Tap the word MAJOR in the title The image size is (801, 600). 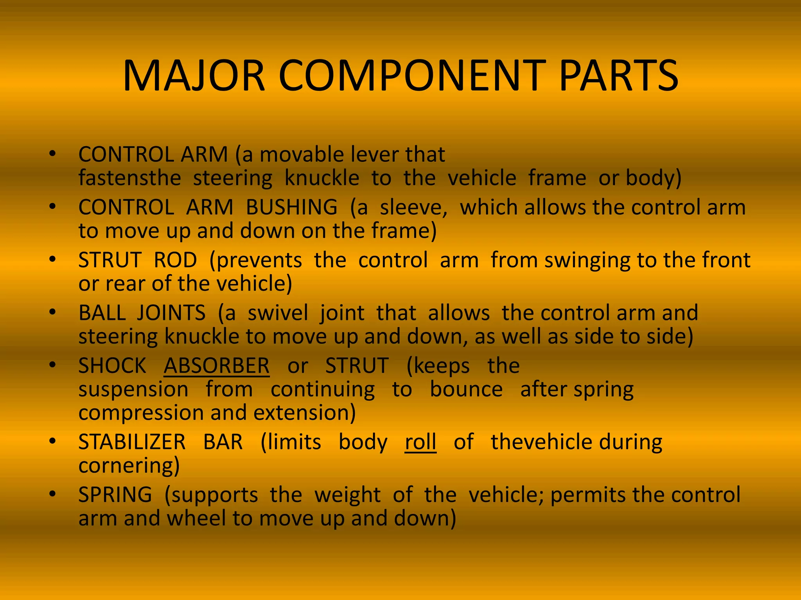[194, 76]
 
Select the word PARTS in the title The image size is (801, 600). [619, 76]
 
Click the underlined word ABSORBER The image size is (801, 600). [216, 366]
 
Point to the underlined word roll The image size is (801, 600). [420, 442]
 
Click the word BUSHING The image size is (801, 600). [291, 207]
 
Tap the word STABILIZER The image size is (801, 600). [132, 442]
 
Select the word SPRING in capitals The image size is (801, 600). [115, 495]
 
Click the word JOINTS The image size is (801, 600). [171, 313]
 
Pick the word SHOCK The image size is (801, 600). [112, 366]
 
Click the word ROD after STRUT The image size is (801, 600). [175, 260]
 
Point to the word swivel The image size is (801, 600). [278, 313]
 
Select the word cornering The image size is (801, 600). [129, 466]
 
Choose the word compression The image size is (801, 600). [141, 413]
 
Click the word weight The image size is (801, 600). [347, 495]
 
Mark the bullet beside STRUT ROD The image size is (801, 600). [53, 259]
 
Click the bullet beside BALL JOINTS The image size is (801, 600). [53, 312]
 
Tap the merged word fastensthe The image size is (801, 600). [129, 178]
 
